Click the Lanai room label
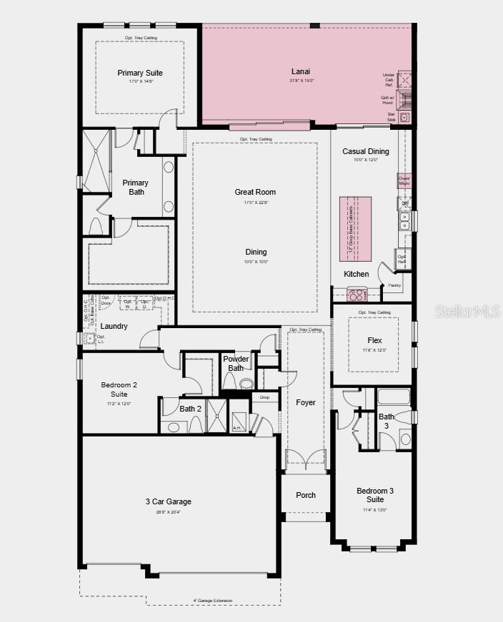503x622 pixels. coord(301,71)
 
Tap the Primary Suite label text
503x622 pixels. coord(140,73)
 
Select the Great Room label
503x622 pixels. coord(255,192)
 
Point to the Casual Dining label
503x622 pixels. coord(365,151)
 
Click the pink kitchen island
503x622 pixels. coord(355,228)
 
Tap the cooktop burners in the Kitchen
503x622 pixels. coord(356,294)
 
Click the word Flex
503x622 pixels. coord(375,341)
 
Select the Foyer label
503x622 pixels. coord(306,402)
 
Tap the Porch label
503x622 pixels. coord(306,495)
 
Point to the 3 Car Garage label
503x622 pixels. coord(168,501)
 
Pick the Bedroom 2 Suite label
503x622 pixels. coord(119,389)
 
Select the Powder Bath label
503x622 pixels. coord(236,363)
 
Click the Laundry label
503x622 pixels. coord(114,327)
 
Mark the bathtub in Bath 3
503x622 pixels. coord(393,397)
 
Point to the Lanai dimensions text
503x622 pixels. coord(301,81)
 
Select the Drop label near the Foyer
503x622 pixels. coord(264,397)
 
